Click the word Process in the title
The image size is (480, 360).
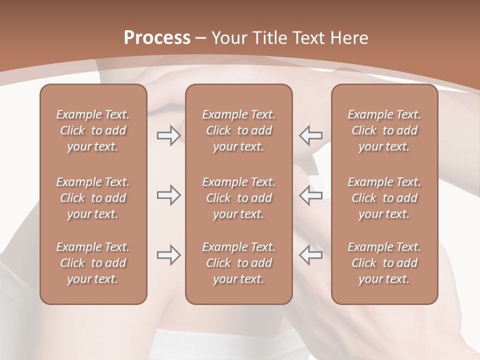point(156,37)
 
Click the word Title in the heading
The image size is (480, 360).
point(270,38)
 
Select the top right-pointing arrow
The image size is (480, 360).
point(168,135)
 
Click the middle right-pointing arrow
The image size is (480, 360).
point(168,195)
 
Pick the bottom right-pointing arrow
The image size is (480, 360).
point(168,254)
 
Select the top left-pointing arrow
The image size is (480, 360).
point(311,135)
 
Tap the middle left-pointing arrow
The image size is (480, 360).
point(311,195)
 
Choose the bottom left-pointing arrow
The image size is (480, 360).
point(311,254)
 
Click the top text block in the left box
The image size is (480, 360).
point(93,130)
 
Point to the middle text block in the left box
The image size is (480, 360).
point(93,198)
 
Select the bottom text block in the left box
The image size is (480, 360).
point(93,263)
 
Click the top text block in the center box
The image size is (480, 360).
point(239,130)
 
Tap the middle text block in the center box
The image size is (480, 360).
point(239,198)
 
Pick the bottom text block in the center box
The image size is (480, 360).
point(239,263)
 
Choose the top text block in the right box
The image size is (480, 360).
point(384,130)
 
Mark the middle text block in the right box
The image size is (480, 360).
point(384,198)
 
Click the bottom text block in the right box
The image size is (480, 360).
point(384,263)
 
